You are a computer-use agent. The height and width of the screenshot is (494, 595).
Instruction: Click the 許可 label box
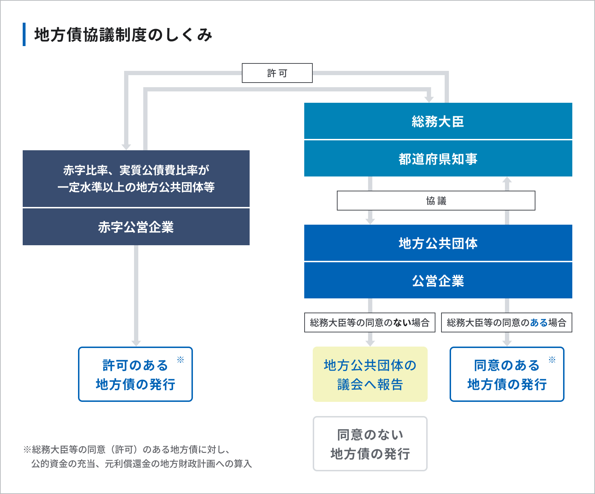[x=277, y=73]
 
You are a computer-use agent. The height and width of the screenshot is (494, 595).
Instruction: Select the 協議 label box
[x=436, y=201]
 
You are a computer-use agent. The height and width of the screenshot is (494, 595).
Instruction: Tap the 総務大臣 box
[x=438, y=121]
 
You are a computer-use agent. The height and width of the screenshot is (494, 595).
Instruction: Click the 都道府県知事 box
[x=438, y=159]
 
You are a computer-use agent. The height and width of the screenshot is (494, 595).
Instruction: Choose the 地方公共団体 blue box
[x=438, y=243]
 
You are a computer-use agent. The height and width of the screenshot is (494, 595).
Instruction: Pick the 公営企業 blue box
[x=438, y=281]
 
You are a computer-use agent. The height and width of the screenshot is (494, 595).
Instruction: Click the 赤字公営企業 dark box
[x=136, y=227]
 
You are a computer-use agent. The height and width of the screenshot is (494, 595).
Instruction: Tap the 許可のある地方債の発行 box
[x=135, y=374]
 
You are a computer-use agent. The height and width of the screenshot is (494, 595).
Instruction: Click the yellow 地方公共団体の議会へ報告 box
[x=370, y=374]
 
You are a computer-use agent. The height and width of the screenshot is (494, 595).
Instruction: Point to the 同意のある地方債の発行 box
[x=507, y=374]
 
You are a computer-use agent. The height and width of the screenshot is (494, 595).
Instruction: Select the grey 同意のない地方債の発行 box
[x=370, y=444]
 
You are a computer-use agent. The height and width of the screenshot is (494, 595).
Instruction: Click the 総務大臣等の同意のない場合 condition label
[x=369, y=322]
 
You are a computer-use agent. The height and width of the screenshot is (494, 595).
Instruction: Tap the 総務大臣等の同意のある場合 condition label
[x=506, y=322]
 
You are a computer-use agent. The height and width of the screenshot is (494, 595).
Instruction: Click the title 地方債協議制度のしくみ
[x=123, y=35]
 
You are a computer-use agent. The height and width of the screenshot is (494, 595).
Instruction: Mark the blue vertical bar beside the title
[x=24, y=34]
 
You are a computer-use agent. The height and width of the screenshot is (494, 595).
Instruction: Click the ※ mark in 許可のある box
[x=180, y=360]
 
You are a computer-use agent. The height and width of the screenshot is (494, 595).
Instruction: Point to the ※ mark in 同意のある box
[x=552, y=360]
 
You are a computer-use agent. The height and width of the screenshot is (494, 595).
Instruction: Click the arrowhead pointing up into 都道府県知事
[x=507, y=180]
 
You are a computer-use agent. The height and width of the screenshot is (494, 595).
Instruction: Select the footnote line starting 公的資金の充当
[x=141, y=464]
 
